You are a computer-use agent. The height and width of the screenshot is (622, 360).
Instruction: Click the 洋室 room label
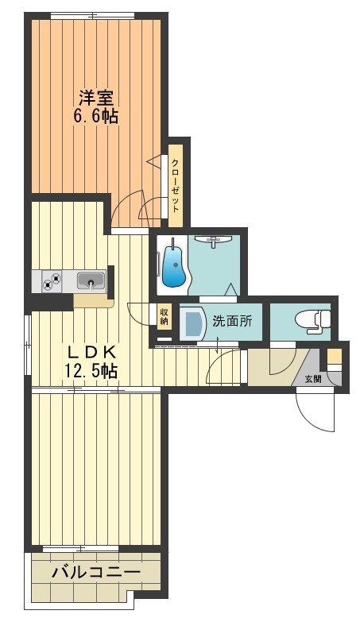tap(96, 99)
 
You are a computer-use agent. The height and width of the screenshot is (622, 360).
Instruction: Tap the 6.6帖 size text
tap(96, 117)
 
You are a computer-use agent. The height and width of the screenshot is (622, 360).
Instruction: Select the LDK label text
tap(91, 352)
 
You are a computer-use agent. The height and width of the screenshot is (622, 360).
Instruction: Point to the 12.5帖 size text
tap(91, 370)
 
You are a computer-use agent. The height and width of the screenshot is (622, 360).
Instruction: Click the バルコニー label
tap(95, 572)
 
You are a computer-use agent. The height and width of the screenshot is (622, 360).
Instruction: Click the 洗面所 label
tap(232, 323)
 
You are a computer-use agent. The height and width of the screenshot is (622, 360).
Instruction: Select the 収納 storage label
tap(164, 318)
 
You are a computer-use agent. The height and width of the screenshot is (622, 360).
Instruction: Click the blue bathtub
tap(173, 267)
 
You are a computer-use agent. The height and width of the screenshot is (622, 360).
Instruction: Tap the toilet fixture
tap(312, 320)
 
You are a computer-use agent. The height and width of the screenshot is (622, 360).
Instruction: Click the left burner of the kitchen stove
tap(48, 280)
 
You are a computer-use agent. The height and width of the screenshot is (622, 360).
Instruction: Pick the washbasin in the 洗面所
tap(194, 323)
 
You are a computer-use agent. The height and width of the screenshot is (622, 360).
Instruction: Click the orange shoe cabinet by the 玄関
tap(335, 355)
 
